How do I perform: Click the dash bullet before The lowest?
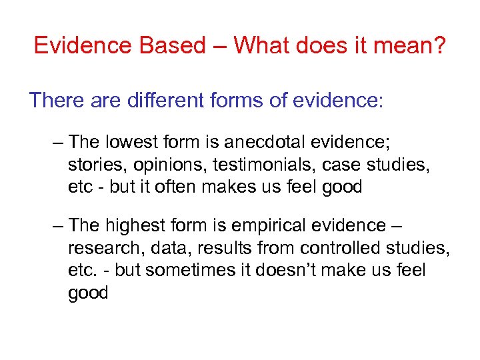(57, 142)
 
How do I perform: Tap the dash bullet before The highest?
(57, 226)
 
